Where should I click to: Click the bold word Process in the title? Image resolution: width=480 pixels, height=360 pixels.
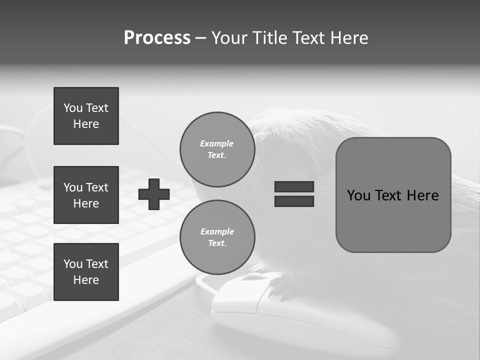(x=157, y=38)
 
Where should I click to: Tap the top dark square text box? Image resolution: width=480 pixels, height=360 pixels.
(x=86, y=116)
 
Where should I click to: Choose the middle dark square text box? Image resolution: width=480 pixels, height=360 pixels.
(x=86, y=195)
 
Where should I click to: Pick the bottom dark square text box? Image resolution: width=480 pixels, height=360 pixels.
(x=86, y=272)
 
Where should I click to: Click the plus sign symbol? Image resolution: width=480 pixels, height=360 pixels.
(x=154, y=194)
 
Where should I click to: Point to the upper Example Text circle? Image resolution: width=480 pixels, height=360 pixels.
(x=217, y=149)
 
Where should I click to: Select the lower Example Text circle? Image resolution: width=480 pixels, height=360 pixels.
(x=217, y=237)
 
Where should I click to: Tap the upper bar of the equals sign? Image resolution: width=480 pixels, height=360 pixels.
(x=294, y=186)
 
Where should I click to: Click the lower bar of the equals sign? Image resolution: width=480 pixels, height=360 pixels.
(x=294, y=201)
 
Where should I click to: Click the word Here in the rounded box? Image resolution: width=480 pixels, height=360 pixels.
(x=422, y=195)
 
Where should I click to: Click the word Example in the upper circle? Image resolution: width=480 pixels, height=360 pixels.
(x=217, y=143)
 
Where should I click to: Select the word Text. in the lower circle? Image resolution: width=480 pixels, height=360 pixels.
(x=217, y=243)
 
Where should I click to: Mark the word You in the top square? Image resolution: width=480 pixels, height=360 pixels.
(x=73, y=108)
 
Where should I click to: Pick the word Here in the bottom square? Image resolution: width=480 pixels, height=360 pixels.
(x=86, y=280)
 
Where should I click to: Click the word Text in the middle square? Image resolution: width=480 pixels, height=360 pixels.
(x=97, y=187)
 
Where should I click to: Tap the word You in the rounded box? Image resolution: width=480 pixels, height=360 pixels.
(x=358, y=195)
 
